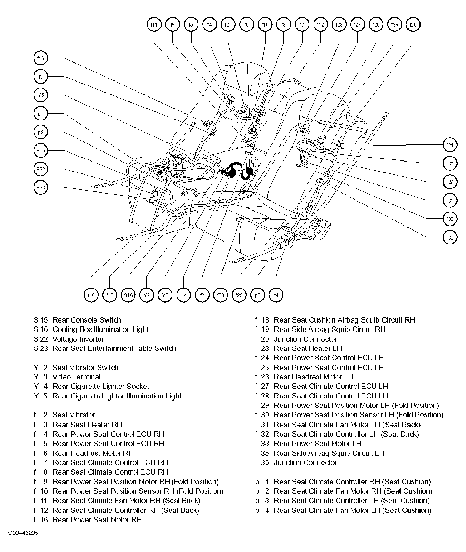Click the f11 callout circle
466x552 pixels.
(154, 25)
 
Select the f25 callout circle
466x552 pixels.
(413, 25)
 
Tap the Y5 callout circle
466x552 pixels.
(41, 95)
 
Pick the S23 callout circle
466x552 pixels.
(41, 188)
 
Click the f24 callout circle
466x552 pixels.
(450, 145)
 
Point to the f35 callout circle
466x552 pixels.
(450, 237)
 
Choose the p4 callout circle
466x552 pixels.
(276, 295)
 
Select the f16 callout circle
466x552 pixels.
(91, 295)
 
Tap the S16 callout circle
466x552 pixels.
(128, 295)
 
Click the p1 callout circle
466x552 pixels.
(41, 114)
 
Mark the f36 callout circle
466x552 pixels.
(394, 25)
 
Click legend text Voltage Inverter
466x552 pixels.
(78, 339)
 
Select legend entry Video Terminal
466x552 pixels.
(76, 377)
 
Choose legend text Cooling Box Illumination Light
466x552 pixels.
(100, 329)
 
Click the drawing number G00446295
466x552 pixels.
(23, 533)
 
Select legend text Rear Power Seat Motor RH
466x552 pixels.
(97, 520)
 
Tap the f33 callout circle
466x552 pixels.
(221, 295)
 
